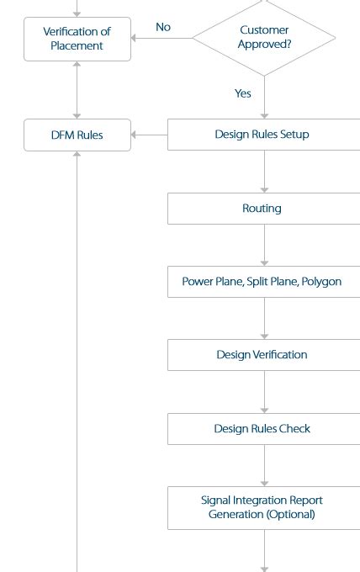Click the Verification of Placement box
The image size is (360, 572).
point(77,39)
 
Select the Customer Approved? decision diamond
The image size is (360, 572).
point(264,38)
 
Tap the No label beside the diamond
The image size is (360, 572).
point(163,27)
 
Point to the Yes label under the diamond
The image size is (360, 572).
point(243,93)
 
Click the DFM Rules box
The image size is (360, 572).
point(77,135)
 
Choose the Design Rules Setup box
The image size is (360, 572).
point(264,135)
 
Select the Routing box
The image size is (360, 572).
point(264,209)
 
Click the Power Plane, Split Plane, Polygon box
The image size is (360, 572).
point(264,282)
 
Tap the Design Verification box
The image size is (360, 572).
point(264,355)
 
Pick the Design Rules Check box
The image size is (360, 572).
point(264,429)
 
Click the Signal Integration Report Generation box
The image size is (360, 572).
point(264,508)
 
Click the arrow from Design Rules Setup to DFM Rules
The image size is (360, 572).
point(149,135)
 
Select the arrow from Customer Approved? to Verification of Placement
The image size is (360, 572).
point(162,38)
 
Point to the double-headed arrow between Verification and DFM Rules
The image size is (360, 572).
point(77,90)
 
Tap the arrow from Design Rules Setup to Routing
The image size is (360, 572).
point(264,172)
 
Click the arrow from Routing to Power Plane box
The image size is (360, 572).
point(264,245)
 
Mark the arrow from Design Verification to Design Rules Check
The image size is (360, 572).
point(264,392)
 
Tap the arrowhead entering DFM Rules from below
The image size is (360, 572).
point(77,154)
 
